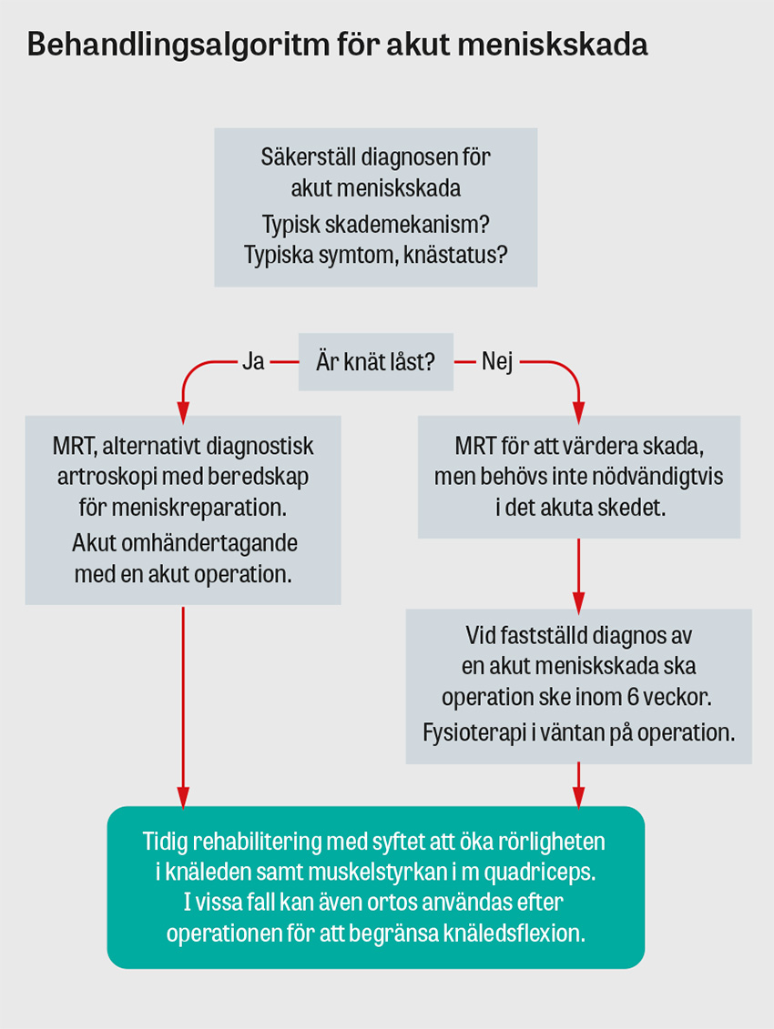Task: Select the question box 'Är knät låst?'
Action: click(x=375, y=362)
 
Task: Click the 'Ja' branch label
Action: click(x=253, y=362)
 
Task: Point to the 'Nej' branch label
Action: click(x=497, y=362)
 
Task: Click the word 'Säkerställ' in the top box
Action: click(x=307, y=156)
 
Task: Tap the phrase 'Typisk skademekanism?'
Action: click(x=375, y=224)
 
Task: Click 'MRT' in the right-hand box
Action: click(x=474, y=447)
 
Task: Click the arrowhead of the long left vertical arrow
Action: click(x=183, y=798)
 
